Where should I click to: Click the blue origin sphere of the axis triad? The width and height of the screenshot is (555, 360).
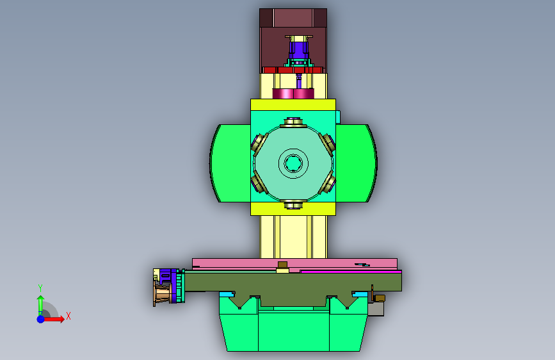point(41,319)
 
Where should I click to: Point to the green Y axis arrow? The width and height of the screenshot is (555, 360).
point(41,305)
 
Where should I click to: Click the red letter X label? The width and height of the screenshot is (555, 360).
point(68,316)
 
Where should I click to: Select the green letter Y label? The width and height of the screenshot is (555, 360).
point(40,288)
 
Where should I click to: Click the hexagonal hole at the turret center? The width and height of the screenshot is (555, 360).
point(293,163)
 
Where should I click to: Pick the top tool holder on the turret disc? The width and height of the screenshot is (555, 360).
point(293,123)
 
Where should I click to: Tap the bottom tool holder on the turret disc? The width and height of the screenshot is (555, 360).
point(293,204)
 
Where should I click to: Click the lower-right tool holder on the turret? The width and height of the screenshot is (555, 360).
point(327,183)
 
